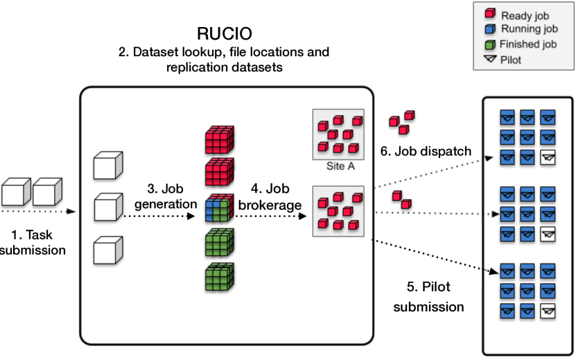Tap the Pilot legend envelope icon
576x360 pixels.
point(489,60)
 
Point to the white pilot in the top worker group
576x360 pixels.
point(548,159)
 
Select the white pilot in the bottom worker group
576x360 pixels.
point(548,311)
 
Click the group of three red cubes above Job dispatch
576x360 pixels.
point(401,122)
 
